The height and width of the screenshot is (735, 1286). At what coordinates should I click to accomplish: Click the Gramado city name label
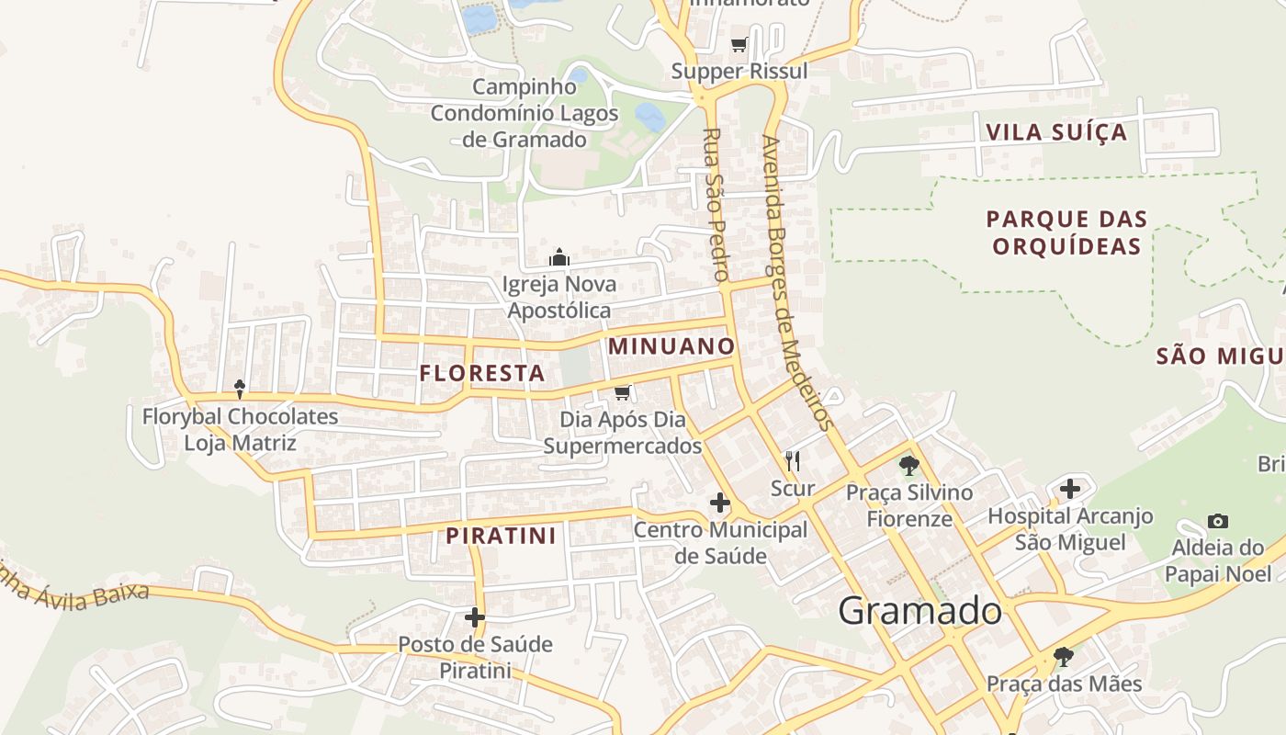pyautogui.click(x=919, y=611)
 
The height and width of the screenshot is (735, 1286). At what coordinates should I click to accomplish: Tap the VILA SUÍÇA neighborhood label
pyautogui.click(x=1056, y=131)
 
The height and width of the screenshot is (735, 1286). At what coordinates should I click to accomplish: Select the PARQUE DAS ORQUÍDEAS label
pyautogui.click(x=1066, y=232)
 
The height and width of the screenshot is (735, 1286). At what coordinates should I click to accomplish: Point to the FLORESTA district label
pyautogui.click(x=482, y=373)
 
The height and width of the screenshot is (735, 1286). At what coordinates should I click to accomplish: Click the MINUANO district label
pyautogui.click(x=671, y=346)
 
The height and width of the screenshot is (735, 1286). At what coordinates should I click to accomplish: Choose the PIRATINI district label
pyautogui.click(x=502, y=536)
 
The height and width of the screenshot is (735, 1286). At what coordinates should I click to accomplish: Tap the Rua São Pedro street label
pyautogui.click(x=715, y=204)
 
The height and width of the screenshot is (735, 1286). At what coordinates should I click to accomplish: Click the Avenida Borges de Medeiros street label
pyautogui.click(x=796, y=283)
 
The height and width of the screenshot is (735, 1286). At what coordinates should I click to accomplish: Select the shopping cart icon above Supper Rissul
pyautogui.click(x=739, y=44)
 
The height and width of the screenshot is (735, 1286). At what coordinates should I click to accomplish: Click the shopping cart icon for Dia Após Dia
pyautogui.click(x=622, y=393)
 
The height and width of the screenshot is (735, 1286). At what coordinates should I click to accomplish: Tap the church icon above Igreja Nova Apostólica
pyautogui.click(x=558, y=257)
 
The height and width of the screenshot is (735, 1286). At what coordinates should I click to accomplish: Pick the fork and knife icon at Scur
pyautogui.click(x=792, y=460)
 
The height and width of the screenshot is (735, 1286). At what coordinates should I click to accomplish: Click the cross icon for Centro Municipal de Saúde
pyautogui.click(x=720, y=503)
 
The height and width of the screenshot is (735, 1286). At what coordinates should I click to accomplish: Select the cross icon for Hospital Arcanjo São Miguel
pyautogui.click(x=1069, y=489)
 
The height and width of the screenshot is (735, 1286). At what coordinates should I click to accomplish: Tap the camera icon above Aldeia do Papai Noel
pyautogui.click(x=1218, y=521)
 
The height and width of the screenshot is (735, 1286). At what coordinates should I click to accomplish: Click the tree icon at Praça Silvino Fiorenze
pyautogui.click(x=908, y=465)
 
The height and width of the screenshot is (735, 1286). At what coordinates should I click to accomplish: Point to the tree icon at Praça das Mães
pyautogui.click(x=1063, y=656)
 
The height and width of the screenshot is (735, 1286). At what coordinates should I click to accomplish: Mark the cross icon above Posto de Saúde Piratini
pyautogui.click(x=474, y=616)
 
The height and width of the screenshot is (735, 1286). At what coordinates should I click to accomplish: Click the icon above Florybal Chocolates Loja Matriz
pyautogui.click(x=240, y=389)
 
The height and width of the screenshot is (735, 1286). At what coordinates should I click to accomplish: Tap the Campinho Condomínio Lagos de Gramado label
pyautogui.click(x=525, y=113)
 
